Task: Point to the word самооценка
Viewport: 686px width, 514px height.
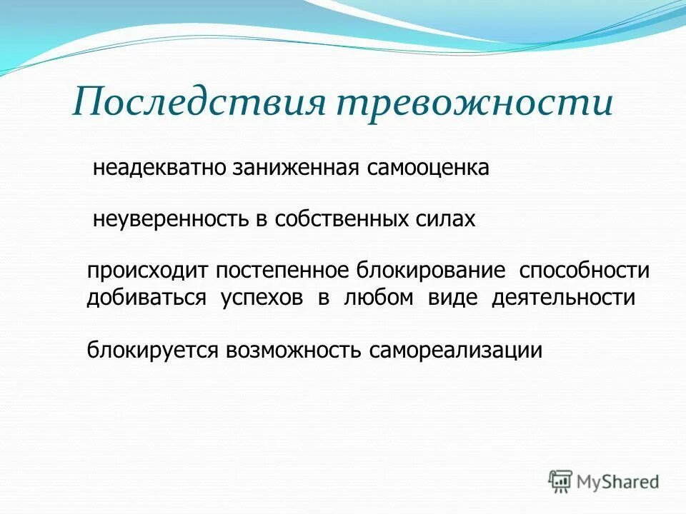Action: tap(429, 168)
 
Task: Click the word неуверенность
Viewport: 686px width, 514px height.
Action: tap(171, 218)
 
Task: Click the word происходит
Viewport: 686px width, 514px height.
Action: tap(146, 272)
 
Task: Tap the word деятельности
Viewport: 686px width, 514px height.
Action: tap(563, 298)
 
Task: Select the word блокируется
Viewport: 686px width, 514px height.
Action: tap(154, 350)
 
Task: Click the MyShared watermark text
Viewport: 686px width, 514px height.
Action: tap(619, 482)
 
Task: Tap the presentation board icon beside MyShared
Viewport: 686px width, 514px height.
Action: tap(561, 481)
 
